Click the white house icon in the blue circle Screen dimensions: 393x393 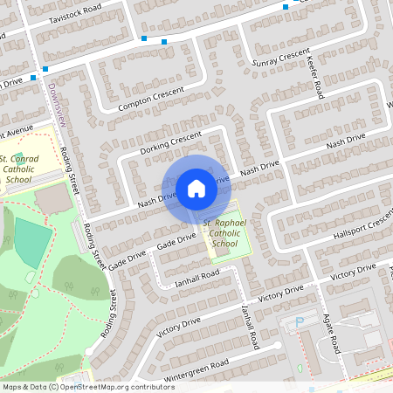196,188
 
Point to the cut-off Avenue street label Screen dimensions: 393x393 16,133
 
